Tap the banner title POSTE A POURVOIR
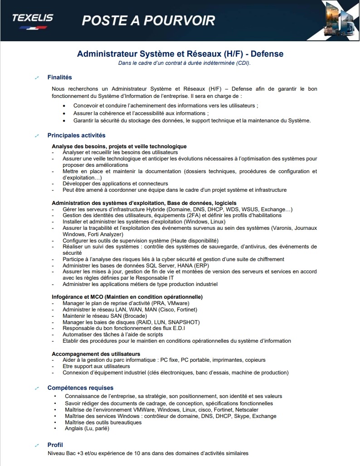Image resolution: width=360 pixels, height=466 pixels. click(148, 20)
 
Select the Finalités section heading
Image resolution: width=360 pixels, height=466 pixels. click(59, 78)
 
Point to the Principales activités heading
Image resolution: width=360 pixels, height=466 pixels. click(76, 135)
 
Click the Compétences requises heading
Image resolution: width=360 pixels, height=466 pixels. click(80, 388)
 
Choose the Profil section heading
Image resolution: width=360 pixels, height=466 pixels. click(55, 445)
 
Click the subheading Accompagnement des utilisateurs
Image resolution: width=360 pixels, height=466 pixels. click(96, 354)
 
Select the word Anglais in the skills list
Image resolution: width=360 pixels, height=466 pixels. click(74, 428)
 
